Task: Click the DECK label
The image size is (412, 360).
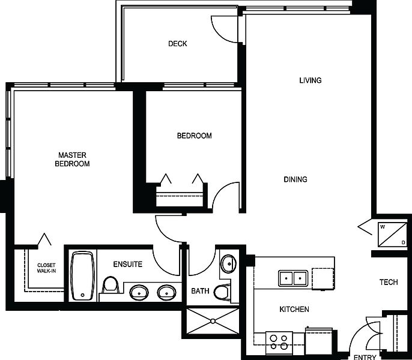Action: (x=178, y=44)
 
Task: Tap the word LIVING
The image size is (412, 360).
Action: (x=311, y=80)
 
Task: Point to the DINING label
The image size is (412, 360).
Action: (x=295, y=179)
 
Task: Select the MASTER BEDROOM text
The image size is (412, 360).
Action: (x=72, y=159)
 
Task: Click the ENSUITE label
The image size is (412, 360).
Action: (x=128, y=264)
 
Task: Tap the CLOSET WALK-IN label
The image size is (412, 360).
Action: (x=46, y=268)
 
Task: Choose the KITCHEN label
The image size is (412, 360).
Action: (x=294, y=310)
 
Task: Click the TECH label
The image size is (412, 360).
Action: (x=389, y=282)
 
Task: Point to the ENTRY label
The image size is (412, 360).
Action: (x=365, y=357)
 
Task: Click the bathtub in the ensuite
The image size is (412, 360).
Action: (x=82, y=276)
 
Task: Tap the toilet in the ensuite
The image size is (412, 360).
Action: (x=111, y=285)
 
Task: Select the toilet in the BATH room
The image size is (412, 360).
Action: (x=222, y=292)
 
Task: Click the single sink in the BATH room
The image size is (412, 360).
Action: (x=228, y=263)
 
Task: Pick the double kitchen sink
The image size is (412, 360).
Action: (x=293, y=278)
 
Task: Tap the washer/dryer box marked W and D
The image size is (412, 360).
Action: (x=392, y=235)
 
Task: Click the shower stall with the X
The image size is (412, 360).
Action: (x=213, y=321)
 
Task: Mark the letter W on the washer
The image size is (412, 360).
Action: (x=383, y=227)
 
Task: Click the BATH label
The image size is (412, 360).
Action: (x=200, y=291)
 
